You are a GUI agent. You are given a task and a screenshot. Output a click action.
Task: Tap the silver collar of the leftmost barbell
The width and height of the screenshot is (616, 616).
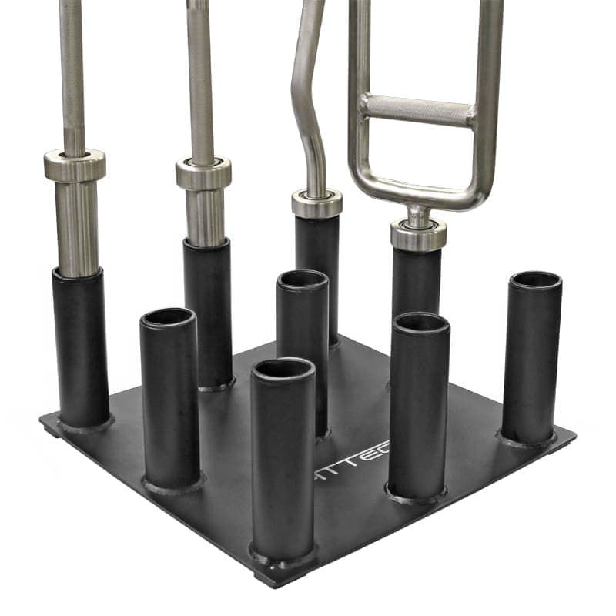[x=74, y=166]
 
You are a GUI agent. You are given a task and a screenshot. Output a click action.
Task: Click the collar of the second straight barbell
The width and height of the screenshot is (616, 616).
[x=203, y=172]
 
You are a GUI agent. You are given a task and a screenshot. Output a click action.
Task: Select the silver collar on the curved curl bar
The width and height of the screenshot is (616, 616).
[x=316, y=203]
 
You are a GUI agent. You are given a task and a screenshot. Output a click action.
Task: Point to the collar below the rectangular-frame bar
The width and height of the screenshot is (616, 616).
[x=418, y=234]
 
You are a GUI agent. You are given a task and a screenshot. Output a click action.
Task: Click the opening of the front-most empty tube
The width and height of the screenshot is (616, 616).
[x=283, y=370]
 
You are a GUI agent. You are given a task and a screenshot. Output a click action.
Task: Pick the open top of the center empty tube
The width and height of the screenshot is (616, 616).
[x=303, y=279]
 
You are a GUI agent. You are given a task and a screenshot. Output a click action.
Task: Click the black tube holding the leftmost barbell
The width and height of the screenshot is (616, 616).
[x=81, y=346]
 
